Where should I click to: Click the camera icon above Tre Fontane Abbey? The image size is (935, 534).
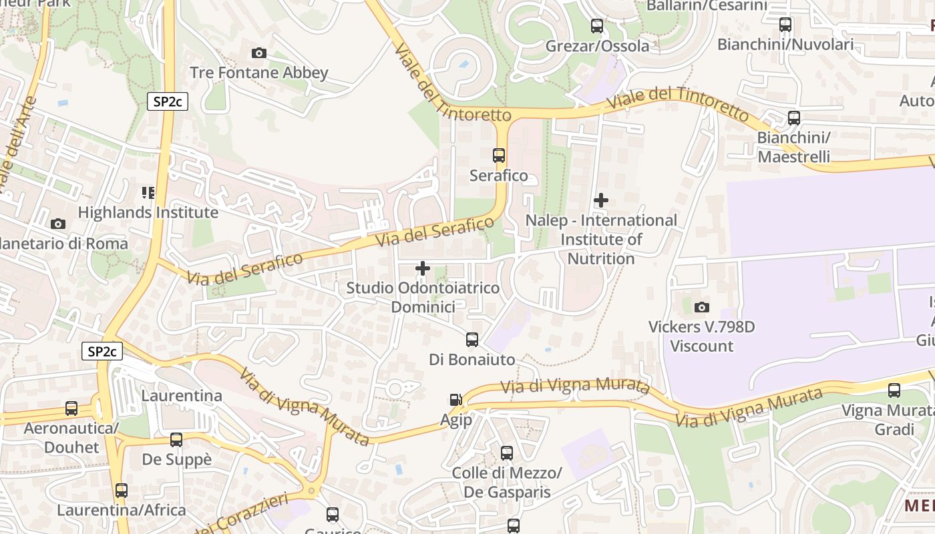pyautogui.click(x=259, y=53)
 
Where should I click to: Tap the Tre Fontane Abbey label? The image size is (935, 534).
pyautogui.click(x=259, y=73)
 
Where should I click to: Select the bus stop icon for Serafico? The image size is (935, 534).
pyautogui.click(x=499, y=156)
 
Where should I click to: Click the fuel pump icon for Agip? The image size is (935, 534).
pyautogui.click(x=455, y=400)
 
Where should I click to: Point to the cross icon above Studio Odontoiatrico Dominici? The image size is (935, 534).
pyautogui.click(x=423, y=268)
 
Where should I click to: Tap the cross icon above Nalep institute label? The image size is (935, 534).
pyautogui.click(x=601, y=200)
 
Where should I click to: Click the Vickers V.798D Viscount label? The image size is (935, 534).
pyautogui.click(x=701, y=336)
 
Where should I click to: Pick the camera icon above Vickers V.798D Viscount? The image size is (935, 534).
pyautogui.click(x=701, y=307)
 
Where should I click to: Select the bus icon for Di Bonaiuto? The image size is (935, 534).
pyautogui.click(x=472, y=340)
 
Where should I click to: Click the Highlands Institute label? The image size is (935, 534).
pyautogui.click(x=148, y=212)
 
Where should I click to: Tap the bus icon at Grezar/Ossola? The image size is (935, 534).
pyautogui.click(x=597, y=26)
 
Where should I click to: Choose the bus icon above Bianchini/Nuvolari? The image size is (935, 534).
pyautogui.click(x=785, y=25)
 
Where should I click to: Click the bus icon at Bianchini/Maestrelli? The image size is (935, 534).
pyautogui.click(x=794, y=118)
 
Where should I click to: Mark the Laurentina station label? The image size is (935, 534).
pyautogui.click(x=182, y=395)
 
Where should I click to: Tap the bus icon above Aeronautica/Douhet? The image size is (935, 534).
pyautogui.click(x=71, y=409)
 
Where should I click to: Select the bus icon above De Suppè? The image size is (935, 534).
pyautogui.click(x=176, y=440)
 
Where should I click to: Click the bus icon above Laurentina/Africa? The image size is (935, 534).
pyautogui.click(x=121, y=491)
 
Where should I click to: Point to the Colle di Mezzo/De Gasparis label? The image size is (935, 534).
pyautogui.click(x=506, y=483)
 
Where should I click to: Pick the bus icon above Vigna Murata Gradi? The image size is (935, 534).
pyautogui.click(x=894, y=390)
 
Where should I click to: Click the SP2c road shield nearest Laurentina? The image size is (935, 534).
pyautogui.click(x=102, y=351)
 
